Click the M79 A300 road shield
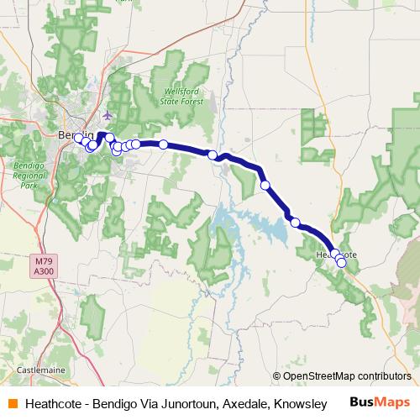pos(45,265)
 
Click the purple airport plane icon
pos(107,115)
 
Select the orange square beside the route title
pos(13,402)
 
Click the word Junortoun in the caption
pos(187,402)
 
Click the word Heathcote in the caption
pos(55,402)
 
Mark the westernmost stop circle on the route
pos(78,138)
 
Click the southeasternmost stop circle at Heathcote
pos(341,263)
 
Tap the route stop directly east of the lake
pos(295,222)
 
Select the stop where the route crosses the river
pos(213,155)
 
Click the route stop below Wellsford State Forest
pos(164,144)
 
